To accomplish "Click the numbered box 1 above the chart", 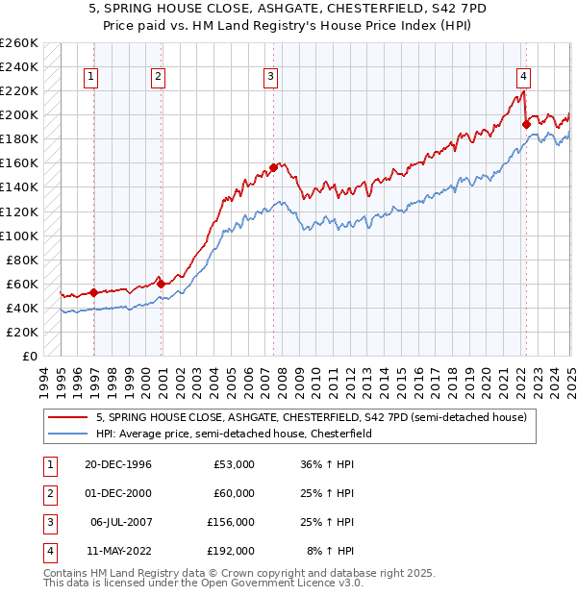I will (x=90, y=78).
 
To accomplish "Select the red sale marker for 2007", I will (x=274, y=167).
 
